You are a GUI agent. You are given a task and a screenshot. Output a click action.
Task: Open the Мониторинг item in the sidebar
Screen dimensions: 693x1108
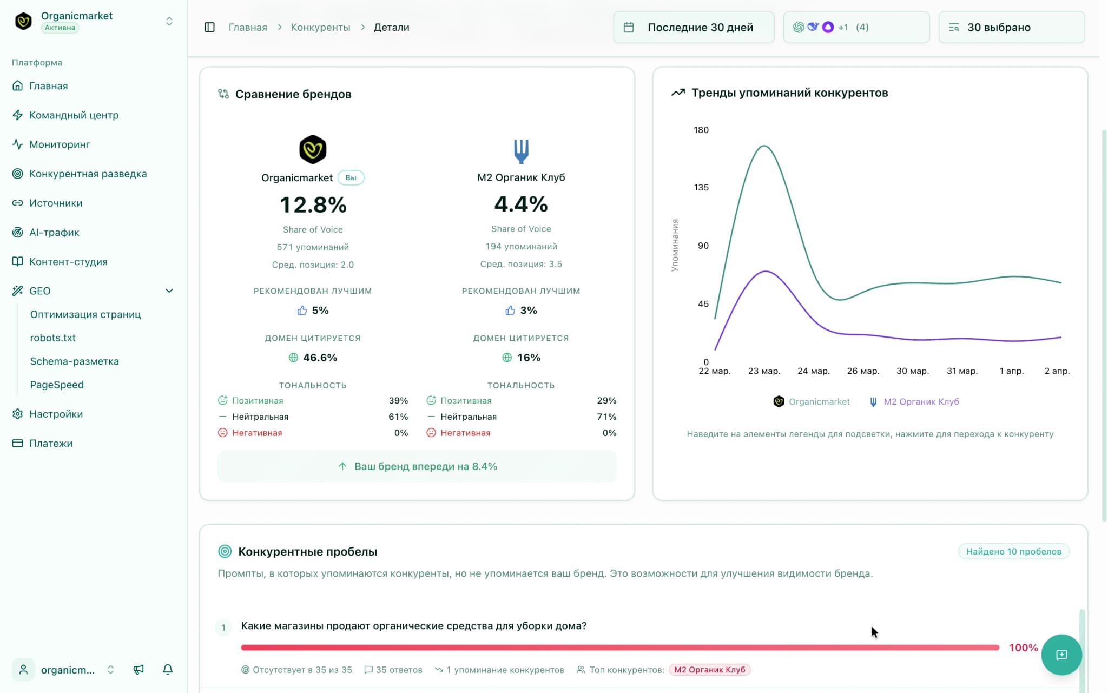[x=60, y=144]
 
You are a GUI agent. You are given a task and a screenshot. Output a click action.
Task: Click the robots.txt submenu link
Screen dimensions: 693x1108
[x=52, y=338]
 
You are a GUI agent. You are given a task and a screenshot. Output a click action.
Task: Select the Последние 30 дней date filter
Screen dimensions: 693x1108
[x=694, y=27]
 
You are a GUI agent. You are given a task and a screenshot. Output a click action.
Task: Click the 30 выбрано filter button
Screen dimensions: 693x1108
[x=1011, y=27]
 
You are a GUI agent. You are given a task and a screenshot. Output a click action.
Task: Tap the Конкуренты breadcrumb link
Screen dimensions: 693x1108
[x=320, y=27]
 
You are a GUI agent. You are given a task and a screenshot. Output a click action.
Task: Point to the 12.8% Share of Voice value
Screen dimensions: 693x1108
[x=313, y=205]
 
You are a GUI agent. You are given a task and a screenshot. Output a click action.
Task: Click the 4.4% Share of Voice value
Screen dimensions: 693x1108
[x=521, y=204]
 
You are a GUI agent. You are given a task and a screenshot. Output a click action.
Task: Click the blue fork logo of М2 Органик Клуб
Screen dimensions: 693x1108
[x=521, y=151]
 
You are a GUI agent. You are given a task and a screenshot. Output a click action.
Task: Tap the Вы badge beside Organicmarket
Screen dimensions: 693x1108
[x=351, y=177]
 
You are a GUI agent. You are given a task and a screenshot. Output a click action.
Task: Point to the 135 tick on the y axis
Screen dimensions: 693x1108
[x=701, y=188]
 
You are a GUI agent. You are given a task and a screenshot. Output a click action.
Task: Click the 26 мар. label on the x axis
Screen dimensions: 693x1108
[x=863, y=371]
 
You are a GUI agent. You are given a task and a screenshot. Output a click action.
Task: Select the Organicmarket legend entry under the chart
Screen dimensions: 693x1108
[x=812, y=401]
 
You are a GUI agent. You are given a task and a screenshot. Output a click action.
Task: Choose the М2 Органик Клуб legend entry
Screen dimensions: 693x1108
[x=914, y=401]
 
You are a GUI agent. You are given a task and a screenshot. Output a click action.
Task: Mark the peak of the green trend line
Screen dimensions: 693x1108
[x=764, y=146]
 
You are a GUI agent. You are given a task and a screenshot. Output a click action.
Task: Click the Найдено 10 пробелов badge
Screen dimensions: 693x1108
[x=1013, y=551]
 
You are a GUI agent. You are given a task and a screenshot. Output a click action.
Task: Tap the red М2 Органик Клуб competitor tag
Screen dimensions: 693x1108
[x=709, y=670]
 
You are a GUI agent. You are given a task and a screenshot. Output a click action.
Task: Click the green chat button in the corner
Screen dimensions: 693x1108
[x=1061, y=655]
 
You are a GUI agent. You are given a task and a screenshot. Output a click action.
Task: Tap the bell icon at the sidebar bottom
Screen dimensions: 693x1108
[x=168, y=670]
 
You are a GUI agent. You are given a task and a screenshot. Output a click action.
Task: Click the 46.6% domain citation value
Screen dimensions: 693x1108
[x=320, y=358]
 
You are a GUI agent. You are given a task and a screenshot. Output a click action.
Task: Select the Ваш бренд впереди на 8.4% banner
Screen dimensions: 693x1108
[x=417, y=466]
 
